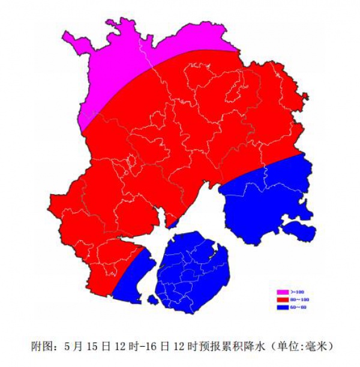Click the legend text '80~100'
point(299,299)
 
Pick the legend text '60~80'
point(299,307)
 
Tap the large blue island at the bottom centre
point(192,270)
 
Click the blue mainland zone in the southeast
point(264,198)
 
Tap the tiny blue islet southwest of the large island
point(152,299)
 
